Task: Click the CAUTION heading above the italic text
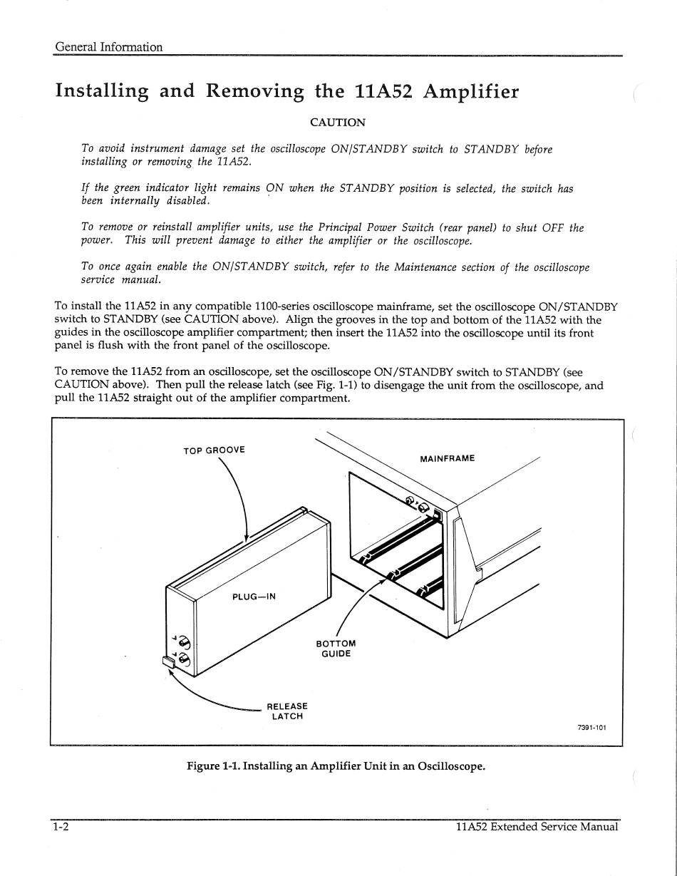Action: tap(338, 123)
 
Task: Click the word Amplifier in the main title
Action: tap(470, 92)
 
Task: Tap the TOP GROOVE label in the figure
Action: tap(214, 450)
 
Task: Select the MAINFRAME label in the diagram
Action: tap(448, 458)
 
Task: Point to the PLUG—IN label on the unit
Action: tap(254, 597)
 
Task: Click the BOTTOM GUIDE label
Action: tap(336, 649)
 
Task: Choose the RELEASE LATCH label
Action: tap(287, 711)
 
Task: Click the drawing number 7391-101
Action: tap(591, 728)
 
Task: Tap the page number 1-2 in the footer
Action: tap(60, 828)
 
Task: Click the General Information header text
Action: tap(109, 47)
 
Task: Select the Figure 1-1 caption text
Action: tap(336, 766)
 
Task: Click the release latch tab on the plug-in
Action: tap(169, 661)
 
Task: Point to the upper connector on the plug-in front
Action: tap(183, 641)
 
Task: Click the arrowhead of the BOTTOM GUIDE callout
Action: tap(383, 581)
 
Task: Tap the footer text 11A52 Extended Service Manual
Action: tap(537, 828)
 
